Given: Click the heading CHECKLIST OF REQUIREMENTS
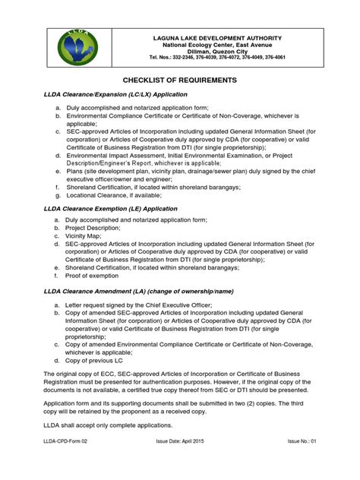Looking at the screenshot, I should [179, 80].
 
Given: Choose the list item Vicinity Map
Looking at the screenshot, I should [84, 236].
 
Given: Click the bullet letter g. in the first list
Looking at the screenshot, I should [57, 194].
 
